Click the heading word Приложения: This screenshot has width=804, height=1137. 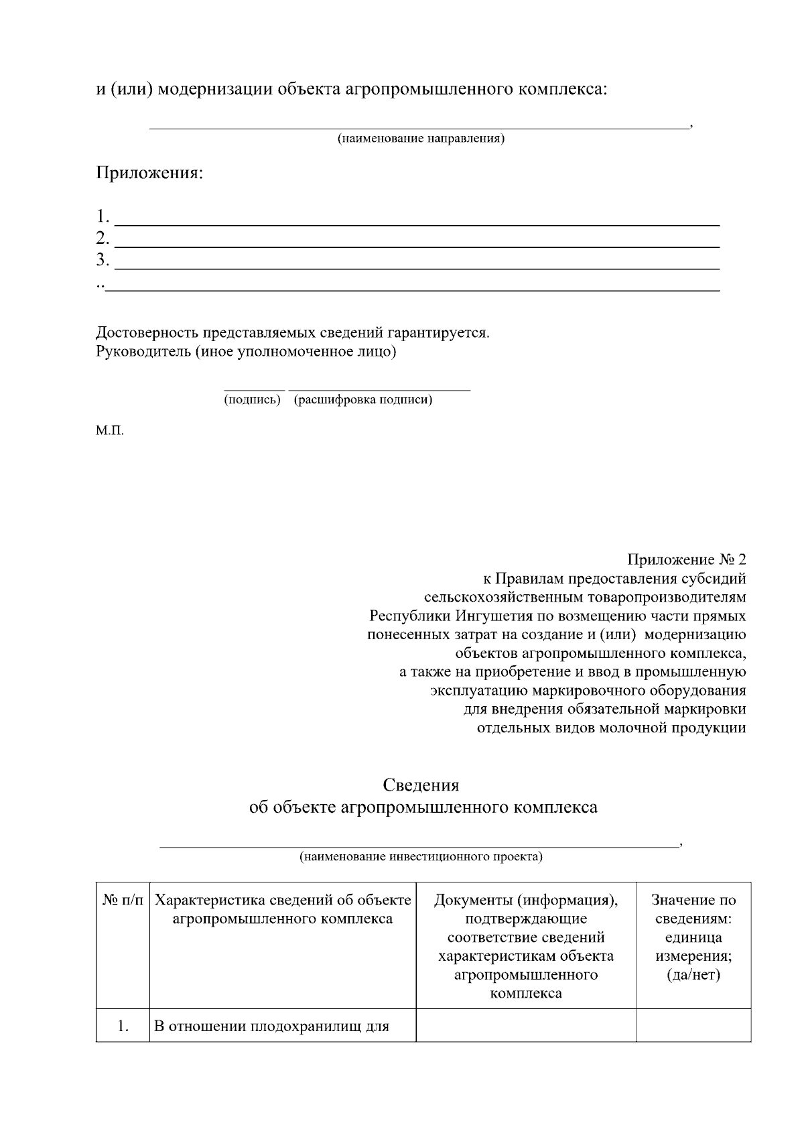149,174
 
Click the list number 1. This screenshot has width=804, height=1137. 102,216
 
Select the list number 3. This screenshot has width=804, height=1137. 102,260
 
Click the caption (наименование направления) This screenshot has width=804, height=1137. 420,139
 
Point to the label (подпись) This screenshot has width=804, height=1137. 252,400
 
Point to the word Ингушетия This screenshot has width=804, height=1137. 495,616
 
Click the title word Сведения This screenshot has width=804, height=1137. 421,785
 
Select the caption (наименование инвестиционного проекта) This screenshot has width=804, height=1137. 421,856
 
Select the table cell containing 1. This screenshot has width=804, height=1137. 122,1026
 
